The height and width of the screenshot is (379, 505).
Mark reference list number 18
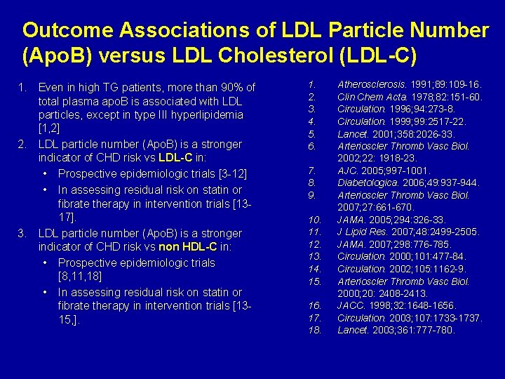point(314,330)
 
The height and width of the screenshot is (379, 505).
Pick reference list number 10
point(314,220)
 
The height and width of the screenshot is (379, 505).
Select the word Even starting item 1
point(50,88)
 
